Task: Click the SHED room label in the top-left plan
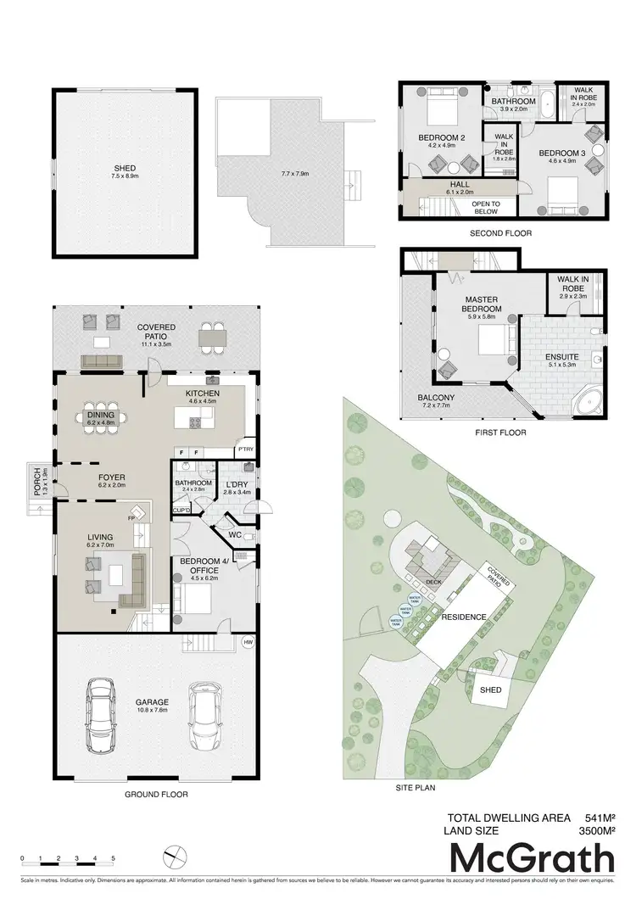125,168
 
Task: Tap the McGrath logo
532,859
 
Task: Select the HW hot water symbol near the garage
248,642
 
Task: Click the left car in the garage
101,710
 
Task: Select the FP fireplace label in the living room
132,518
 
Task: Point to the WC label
235,535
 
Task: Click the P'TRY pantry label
245,449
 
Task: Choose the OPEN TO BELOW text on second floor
486,207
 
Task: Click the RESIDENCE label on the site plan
462,617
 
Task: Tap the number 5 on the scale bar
113,858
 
